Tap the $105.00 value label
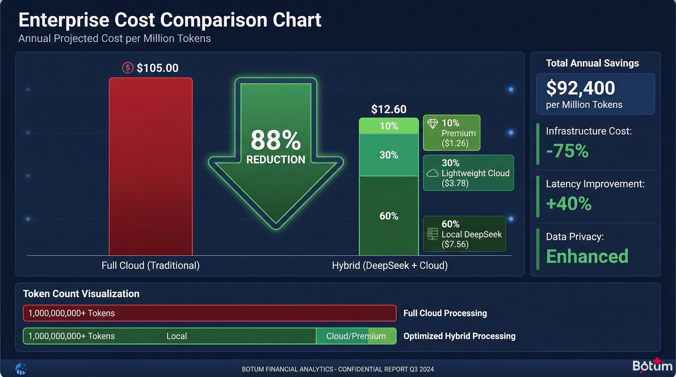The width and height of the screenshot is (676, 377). pos(157,68)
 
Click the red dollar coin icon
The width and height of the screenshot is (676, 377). pos(127,68)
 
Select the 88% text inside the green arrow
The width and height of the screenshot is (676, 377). pos(276,141)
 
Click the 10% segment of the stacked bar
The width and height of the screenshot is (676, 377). pos(389,126)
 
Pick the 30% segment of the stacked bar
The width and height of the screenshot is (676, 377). pos(389,155)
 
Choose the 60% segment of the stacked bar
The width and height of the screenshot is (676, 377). pos(389,216)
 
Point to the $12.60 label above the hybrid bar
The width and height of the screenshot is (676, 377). pos(389,109)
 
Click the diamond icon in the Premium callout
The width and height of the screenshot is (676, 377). pos(433,123)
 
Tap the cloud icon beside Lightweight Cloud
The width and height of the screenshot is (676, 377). pos(432,173)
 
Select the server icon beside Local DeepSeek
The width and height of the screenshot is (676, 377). pos(432,234)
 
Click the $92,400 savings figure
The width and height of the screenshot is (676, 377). pos(580,88)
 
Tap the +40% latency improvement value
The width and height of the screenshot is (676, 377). pos(569,203)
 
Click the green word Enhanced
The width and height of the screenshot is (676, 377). pos(587,256)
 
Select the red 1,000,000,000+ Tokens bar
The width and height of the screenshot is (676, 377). pos(210,313)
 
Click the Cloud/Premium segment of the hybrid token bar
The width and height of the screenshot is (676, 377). pos(356,336)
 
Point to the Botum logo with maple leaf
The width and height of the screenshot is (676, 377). pos(652,365)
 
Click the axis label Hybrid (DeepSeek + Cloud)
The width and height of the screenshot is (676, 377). pos(390,265)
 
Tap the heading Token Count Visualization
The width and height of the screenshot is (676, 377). pos(81,294)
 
